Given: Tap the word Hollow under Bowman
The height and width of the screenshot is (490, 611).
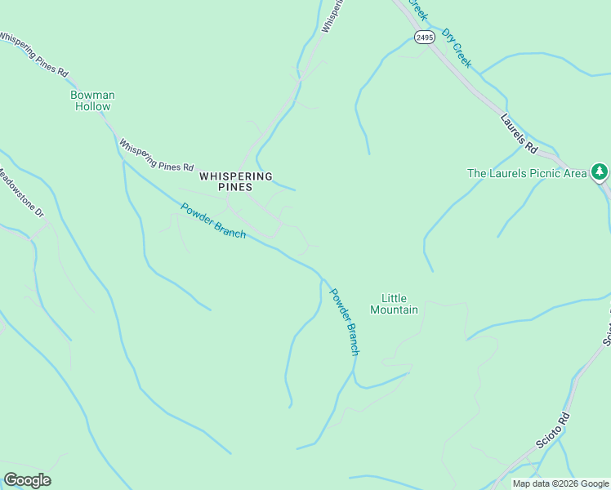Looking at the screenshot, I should (x=92, y=107).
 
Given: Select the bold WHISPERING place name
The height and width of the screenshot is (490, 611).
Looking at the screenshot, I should (x=236, y=176).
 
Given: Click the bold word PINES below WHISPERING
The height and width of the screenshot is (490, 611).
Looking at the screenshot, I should (x=236, y=187).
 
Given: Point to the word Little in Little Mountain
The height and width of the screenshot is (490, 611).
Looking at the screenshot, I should (x=394, y=298).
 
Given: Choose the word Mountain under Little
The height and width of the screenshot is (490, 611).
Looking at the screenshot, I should (x=394, y=310).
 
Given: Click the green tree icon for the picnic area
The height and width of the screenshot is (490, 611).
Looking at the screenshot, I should (x=600, y=171).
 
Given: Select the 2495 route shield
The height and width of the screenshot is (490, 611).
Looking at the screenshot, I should (x=424, y=38).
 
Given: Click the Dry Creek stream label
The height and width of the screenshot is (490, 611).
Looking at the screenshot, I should (x=457, y=48).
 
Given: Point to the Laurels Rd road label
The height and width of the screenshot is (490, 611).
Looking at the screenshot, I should (x=519, y=133).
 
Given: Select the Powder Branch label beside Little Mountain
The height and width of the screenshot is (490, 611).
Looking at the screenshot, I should (x=343, y=321).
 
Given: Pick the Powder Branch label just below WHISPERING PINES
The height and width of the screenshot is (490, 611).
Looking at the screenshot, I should (x=213, y=220).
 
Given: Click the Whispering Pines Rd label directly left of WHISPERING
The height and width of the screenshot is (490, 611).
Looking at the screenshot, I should (x=156, y=156).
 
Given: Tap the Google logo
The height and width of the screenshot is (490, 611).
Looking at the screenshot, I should (x=27, y=480).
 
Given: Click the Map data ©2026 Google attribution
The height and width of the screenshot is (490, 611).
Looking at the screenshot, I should (x=560, y=483).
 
